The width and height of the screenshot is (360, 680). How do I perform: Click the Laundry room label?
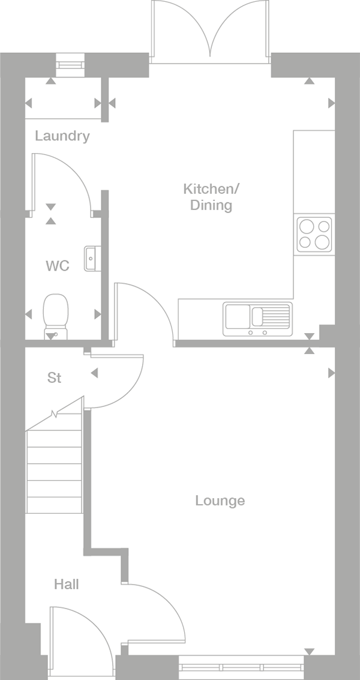(x=62, y=136)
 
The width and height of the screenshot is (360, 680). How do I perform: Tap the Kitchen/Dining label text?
(x=211, y=197)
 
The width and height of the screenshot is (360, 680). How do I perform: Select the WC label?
(x=58, y=265)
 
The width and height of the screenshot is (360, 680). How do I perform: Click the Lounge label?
(x=220, y=501)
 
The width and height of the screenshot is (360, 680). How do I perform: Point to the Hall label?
(x=66, y=584)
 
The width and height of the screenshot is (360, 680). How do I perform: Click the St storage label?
(x=55, y=378)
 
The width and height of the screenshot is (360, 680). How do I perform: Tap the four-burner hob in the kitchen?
(x=314, y=233)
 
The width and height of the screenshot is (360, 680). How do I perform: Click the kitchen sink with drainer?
(x=257, y=319)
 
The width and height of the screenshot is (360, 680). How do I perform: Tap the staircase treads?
(x=54, y=471)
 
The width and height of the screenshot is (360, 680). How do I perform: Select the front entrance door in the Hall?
(x=78, y=636)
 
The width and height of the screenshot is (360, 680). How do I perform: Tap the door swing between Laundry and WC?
(x=60, y=180)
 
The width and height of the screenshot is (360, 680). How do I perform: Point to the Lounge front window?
(x=241, y=667)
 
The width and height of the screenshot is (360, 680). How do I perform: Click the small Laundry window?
(x=70, y=62)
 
